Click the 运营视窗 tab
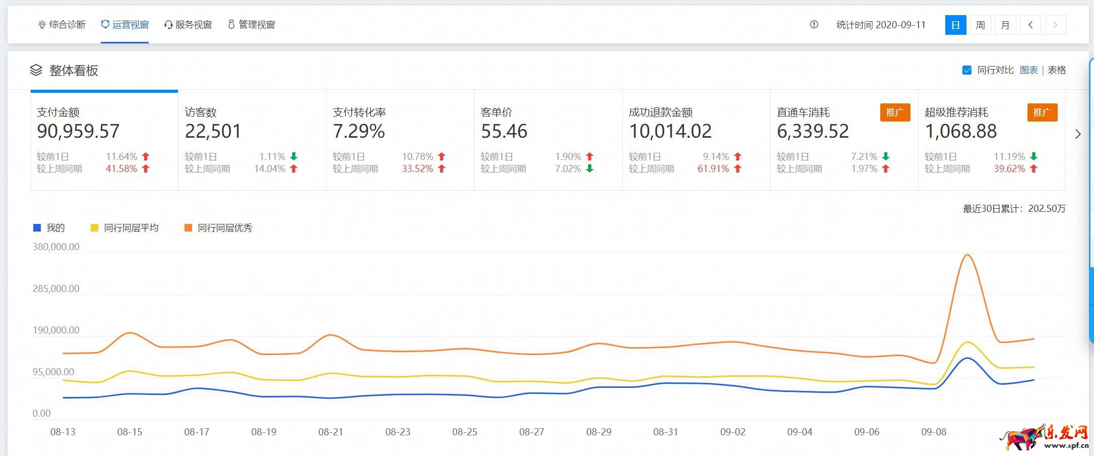125,25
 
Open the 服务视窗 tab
188,25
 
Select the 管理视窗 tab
252,25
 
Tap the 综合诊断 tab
62,25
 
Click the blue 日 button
955,25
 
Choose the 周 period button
980,25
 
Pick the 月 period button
1005,25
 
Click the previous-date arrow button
1030,25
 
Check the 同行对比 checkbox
967,70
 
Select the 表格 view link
1057,70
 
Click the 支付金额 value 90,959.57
78,131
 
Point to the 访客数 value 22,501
213,131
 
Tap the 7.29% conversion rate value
358,131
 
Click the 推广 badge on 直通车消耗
895,112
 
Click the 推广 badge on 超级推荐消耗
1042,112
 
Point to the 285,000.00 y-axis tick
56,289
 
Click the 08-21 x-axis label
331,432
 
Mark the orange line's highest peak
967,255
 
